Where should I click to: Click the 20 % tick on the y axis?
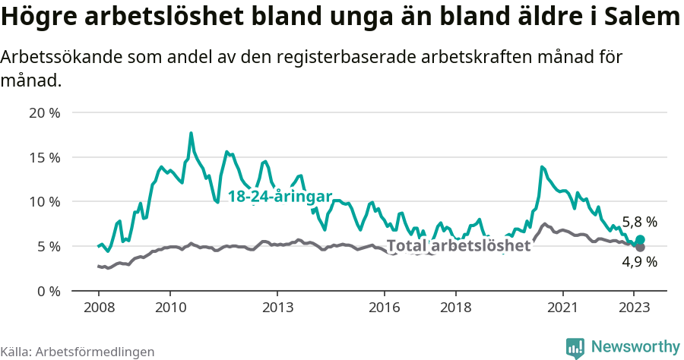click(x=44, y=113)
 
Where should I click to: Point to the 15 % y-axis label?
click(x=44, y=158)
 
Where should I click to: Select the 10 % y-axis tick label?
click(x=44, y=202)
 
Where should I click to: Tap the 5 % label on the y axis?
click(x=47, y=247)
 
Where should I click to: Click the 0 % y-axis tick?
click(x=47, y=291)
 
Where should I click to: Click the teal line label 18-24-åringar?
click(x=280, y=196)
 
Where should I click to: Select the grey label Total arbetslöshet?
click(x=458, y=246)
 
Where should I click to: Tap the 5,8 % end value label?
click(x=639, y=223)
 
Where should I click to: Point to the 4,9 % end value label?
click(x=639, y=262)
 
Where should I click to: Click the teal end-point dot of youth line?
click(x=641, y=240)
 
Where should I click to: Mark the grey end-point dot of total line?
click(x=641, y=248)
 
